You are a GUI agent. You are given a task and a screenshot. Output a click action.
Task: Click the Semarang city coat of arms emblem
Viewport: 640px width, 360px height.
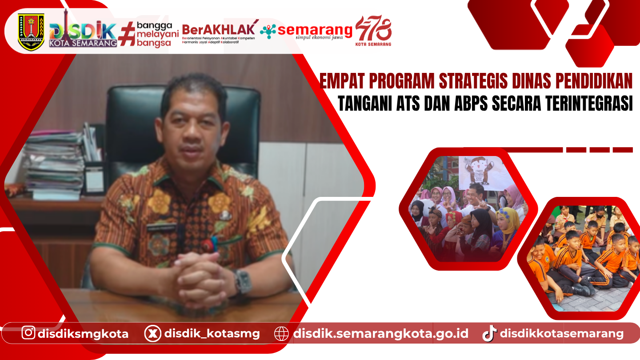(x=31, y=32)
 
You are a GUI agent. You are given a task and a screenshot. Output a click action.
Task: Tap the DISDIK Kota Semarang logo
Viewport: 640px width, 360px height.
(x=83, y=33)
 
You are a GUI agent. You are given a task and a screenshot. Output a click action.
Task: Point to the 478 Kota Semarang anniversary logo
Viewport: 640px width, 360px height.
(x=373, y=31)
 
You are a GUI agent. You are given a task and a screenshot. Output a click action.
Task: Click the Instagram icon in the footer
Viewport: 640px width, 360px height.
(x=28, y=333)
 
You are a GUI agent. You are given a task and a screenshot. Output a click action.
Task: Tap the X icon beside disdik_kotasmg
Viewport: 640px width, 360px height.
(x=152, y=333)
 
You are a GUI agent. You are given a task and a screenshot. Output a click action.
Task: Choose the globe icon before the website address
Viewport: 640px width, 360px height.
(x=281, y=333)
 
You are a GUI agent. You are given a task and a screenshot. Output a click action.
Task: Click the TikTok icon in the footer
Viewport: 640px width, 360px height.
(x=489, y=333)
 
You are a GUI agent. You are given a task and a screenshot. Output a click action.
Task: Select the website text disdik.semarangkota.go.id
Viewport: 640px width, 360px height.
(x=380, y=333)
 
